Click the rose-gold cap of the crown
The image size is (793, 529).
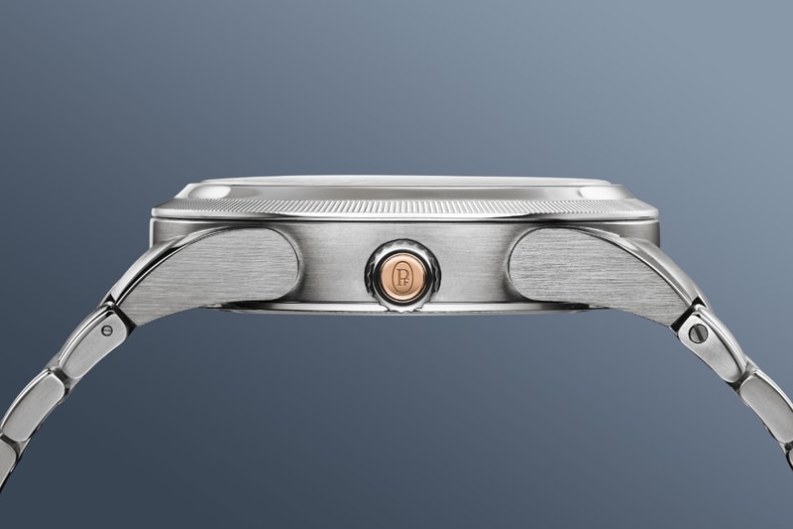(402, 276)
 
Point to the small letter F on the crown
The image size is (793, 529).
(405, 281)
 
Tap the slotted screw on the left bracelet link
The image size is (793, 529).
(107, 331)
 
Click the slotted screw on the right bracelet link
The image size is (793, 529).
(695, 331)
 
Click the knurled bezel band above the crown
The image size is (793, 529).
(404, 208)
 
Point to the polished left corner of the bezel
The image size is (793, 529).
(205, 192)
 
